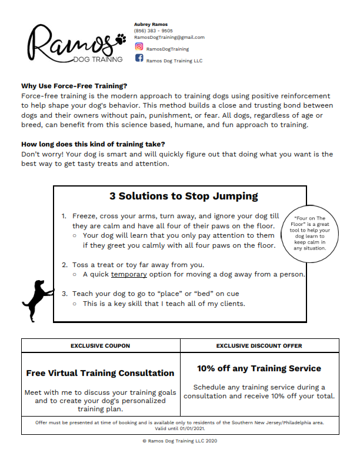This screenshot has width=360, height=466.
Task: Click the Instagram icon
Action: click(x=139, y=46)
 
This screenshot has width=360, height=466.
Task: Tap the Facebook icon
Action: click(x=139, y=58)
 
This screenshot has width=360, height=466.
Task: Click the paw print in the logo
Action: click(x=122, y=39)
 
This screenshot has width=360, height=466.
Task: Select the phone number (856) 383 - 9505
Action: click(x=154, y=31)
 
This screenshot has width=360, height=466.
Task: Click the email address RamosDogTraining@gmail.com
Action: click(x=169, y=37)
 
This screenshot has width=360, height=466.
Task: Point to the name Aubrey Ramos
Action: click(x=151, y=24)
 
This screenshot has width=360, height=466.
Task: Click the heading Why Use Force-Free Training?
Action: click(x=74, y=85)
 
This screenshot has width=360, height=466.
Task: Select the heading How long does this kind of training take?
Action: click(x=93, y=144)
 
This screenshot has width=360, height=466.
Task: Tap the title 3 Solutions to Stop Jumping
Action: click(x=184, y=196)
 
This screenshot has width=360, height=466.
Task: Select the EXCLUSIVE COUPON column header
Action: click(x=101, y=345)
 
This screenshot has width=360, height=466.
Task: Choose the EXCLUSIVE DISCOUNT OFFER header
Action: click(x=259, y=345)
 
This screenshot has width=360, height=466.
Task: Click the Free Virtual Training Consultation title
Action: click(x=101, y=373)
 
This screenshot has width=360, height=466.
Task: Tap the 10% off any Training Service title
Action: click(x=259, y=368)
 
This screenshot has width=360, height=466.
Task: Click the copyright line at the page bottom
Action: click(x=180, y=441)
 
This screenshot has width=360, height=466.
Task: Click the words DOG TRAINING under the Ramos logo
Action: click(x=98, y=59)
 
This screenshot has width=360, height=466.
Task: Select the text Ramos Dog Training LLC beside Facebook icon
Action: click(x=174, y=59)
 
